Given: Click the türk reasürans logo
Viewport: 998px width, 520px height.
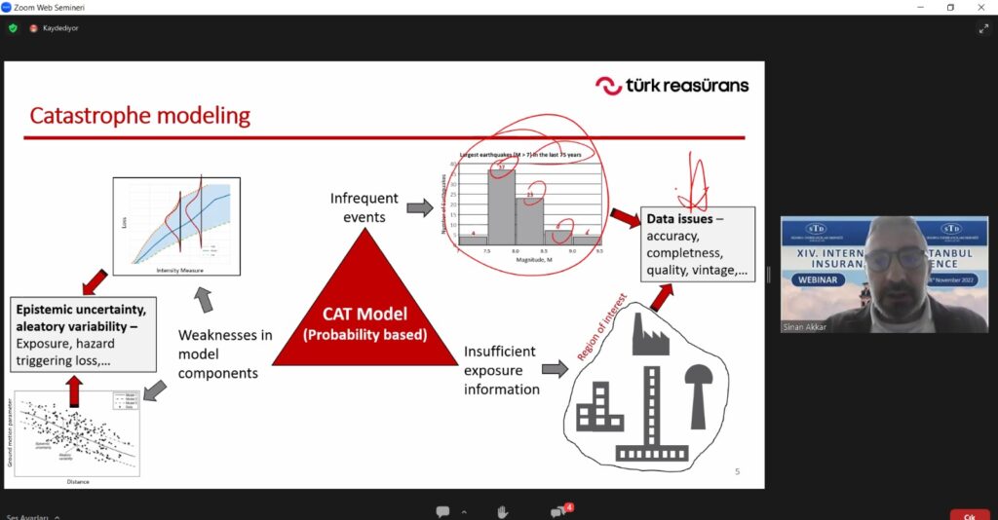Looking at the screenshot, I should pos(672,86).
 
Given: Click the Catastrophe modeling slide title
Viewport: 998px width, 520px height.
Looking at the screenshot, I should pos(139,117).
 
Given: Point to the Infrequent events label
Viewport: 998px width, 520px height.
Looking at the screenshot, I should pos(365,207).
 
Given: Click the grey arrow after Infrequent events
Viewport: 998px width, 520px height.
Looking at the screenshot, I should pos(419,207).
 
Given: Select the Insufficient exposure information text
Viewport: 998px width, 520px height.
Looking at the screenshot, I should pos(501,370).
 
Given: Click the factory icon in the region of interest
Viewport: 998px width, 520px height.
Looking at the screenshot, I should pos(649,334).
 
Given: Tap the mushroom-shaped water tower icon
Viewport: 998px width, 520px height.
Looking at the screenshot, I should pos(698,390).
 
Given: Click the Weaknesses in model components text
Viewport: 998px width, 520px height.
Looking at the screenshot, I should pos(224,353).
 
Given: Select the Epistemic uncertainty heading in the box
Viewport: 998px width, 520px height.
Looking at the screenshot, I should pos(80,309).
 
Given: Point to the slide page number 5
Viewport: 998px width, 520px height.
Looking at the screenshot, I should pos(737,472).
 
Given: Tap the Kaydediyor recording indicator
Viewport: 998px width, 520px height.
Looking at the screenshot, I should pos(59,28).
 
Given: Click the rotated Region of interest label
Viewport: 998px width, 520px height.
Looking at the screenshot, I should pos(601,328).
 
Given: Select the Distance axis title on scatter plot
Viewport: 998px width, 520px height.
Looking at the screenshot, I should pos(77,480).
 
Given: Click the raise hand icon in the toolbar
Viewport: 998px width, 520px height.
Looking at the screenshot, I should pos(502,511).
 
